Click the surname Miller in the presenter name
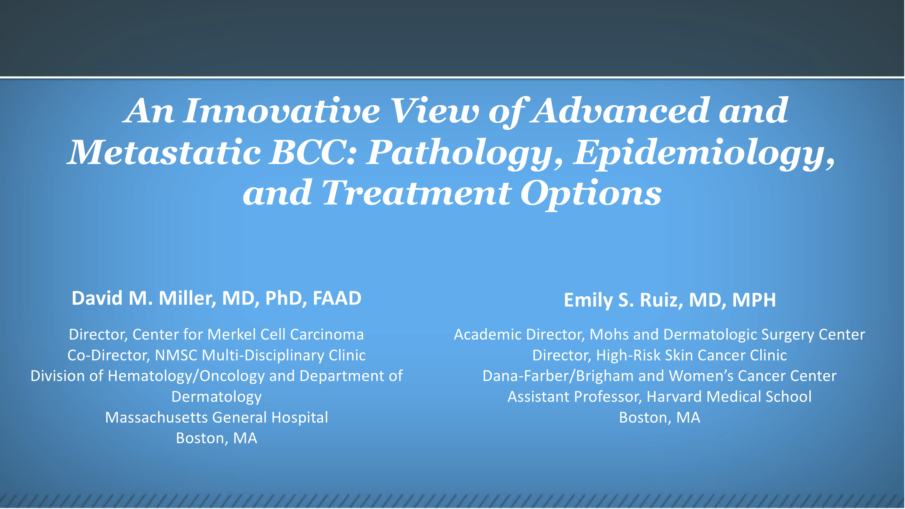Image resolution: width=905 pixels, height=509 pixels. click(x=186, y=299)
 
